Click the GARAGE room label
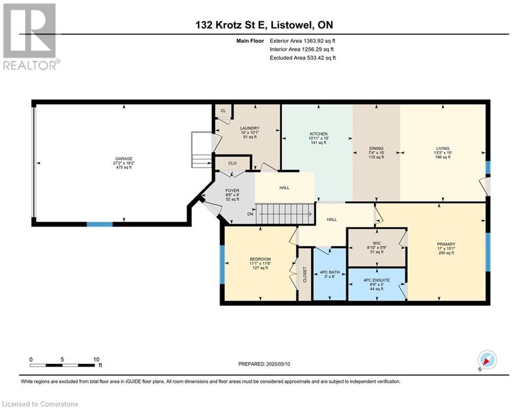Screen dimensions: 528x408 pyautogui.click(x=124, y=158)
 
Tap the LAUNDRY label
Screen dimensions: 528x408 pyautogui.click(x=249, y=128)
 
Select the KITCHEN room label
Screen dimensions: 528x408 pyautogui.click(x=318, y=134)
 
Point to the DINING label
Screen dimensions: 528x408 pyautogui.click(x=376, y=148)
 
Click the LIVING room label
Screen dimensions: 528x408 pyautogui.click(x=443, y=148)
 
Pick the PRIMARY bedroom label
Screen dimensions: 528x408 pyautogui.click(x=446, y=244)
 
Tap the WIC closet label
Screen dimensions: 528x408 pyautogui.click(x=377, y=242)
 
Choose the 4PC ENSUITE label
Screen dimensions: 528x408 pyautogui.click(x=377, y=280)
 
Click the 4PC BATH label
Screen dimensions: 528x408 pyautogui.click(x=330, y=272)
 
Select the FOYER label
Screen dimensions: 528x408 pyautogui.click(x=232, y=191)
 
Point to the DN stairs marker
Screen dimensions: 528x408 pyautogui.click(x=250, y=214)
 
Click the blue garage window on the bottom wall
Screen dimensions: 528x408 pyautogui.click(x=100, y=224)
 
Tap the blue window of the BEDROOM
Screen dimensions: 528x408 pyautogui.click(x=222, y=265)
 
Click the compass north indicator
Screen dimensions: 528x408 pyautogui.click(x=487, y=360)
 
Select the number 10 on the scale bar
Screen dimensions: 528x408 pyautogui.click(x=96, y=360)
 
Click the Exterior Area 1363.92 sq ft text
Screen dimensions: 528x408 pyautogui.click(x=302, y=41)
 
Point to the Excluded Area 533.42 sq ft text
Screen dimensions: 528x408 pyautogui.click(x=302, y=58)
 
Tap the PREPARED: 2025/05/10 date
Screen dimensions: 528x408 pyautogui.click(x=264, y=364)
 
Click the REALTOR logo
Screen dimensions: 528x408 pyautogui.click(x=31, y=37)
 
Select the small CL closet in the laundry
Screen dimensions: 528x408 pyautogui.click(x=223, y=111)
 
